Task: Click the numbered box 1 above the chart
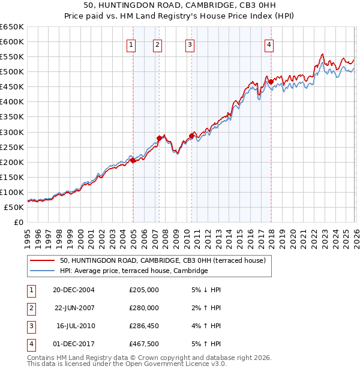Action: [x=131, y=44]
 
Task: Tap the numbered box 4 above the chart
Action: [x=269, y=44]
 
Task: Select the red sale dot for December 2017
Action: [x=271, y=82]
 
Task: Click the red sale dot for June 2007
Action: [x=160, y=138]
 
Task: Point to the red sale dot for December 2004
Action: [x=133, y=160]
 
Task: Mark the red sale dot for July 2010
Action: [x=192, y=136]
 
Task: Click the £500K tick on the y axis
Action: [x=12, y=71]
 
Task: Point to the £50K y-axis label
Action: [x=14, y=207]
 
